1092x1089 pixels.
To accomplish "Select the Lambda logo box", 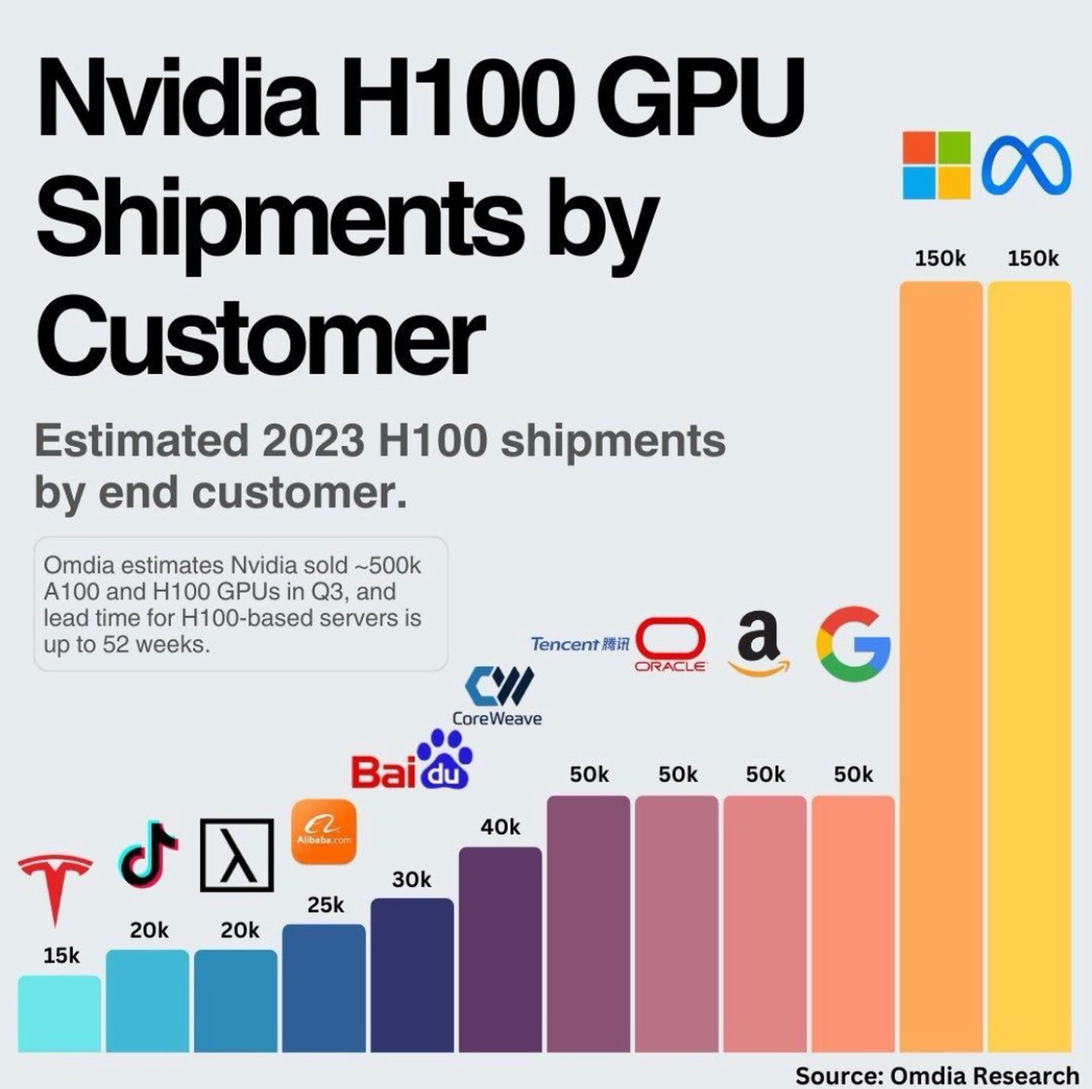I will (x=237, y=855).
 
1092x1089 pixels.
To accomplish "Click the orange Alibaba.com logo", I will (x=324, y=831).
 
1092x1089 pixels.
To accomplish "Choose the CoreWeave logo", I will (x=497, y=696).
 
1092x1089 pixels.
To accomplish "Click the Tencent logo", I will (x=579, y=644).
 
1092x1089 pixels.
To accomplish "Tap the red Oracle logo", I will (x=670, y=644).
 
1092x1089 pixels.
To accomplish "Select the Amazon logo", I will (x=758, y=644).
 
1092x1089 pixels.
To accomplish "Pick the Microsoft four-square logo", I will (x=936, y=165).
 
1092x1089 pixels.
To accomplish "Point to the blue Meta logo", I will (x=1026, y=165).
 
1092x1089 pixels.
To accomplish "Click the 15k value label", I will (x=61, y=956).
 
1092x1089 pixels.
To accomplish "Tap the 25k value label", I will (x=326, y=905).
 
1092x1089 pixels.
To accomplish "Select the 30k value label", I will (x=411, y=879).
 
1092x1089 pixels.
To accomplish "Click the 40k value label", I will (x=500, y=827).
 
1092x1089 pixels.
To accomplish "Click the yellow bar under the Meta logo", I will (x=1029, y=668).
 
